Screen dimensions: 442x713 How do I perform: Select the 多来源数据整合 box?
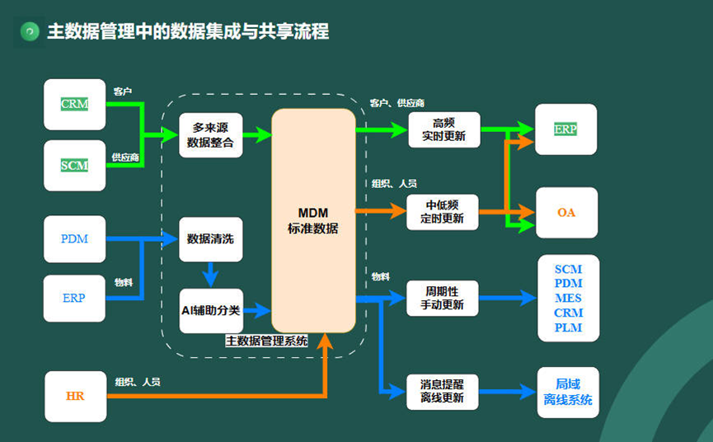[x=211, y=135]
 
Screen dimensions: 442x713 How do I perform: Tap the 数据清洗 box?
[x=211, y=240]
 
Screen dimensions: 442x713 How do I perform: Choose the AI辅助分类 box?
[x=211, y=310]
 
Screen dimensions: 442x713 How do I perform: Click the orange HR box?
[x=75, y=396]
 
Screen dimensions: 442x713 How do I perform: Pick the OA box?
[x=566, y=213]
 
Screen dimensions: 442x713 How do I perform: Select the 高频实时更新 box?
[x=443, y=129]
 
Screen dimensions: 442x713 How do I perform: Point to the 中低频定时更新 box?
[x=443, y=212]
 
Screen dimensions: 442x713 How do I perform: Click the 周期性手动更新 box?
[x=443, y=299]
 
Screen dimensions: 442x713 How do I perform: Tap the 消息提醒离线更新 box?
[x=443, y=391]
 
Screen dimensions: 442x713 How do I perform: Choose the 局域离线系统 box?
[x=568, y=392]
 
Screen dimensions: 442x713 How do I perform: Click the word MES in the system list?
[x=568, y=298]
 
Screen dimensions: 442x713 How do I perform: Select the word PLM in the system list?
[x=568, y=327]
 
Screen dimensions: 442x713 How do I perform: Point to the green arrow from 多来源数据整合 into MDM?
[x=257, y=135]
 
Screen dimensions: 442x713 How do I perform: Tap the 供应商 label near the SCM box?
[x=124, y=157]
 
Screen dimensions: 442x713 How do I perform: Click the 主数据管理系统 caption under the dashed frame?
[x=266, y=340]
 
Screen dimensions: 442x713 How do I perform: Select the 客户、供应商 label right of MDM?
[x=397, y=103]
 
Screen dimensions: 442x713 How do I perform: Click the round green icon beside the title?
[x=30, y=31]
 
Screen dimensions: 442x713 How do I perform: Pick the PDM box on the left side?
[x=75, y=239]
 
